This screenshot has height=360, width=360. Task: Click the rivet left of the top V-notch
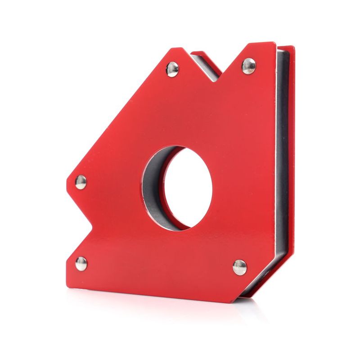click(x=172, y=69)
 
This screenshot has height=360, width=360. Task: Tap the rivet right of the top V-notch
click(x=249, y=66)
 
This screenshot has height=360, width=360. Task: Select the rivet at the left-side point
click(x=81, y=182)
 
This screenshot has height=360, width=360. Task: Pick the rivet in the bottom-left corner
click(x=81, y=263)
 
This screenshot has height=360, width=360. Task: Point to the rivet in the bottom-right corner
click(x=240, y=267)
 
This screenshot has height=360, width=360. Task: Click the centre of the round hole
click(x=187, y=188)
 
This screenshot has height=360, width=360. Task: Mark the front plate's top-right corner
click(x=274, y=44)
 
